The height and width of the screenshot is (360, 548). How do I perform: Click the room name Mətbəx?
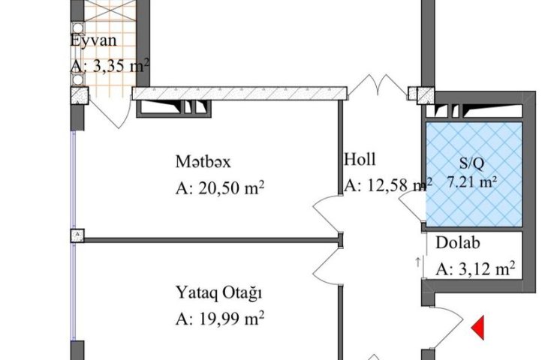tap(203, 162)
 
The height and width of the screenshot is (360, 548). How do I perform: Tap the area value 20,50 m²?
tap(231, 188)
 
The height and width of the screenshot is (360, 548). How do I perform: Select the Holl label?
tap(360, 159)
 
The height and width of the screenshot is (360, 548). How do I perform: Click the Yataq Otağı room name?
tap(218, 293)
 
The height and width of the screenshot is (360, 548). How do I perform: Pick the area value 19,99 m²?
tap(231, 319)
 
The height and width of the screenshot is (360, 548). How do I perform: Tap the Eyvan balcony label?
tap(94, 41)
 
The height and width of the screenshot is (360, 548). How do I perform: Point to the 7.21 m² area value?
tap(472, 182)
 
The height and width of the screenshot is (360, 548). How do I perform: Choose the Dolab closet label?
tap(457, 243)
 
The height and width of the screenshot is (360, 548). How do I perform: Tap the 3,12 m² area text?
tap(486, 268)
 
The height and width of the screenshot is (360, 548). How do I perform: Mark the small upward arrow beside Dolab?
tap(417, 262)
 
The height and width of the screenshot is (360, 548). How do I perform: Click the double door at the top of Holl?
tap(378, 85)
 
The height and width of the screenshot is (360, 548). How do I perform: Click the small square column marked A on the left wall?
tap(77, 235)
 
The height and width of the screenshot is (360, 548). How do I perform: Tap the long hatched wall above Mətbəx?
tap(239, 93)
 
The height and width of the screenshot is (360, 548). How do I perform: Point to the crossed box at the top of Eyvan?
tap(110, 10)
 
